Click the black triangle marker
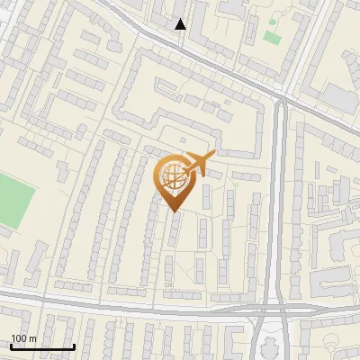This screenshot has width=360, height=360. click(181, 24)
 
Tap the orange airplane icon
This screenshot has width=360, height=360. click(198, 165)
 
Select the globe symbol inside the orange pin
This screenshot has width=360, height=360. click(172, 178)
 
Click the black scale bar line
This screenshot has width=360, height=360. click(41, 346)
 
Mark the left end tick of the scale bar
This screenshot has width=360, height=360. click(11, 345)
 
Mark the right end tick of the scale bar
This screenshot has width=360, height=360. click(73, 345)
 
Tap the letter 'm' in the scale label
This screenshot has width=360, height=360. click(33, 338)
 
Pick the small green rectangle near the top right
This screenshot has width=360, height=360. click(272, 37)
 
